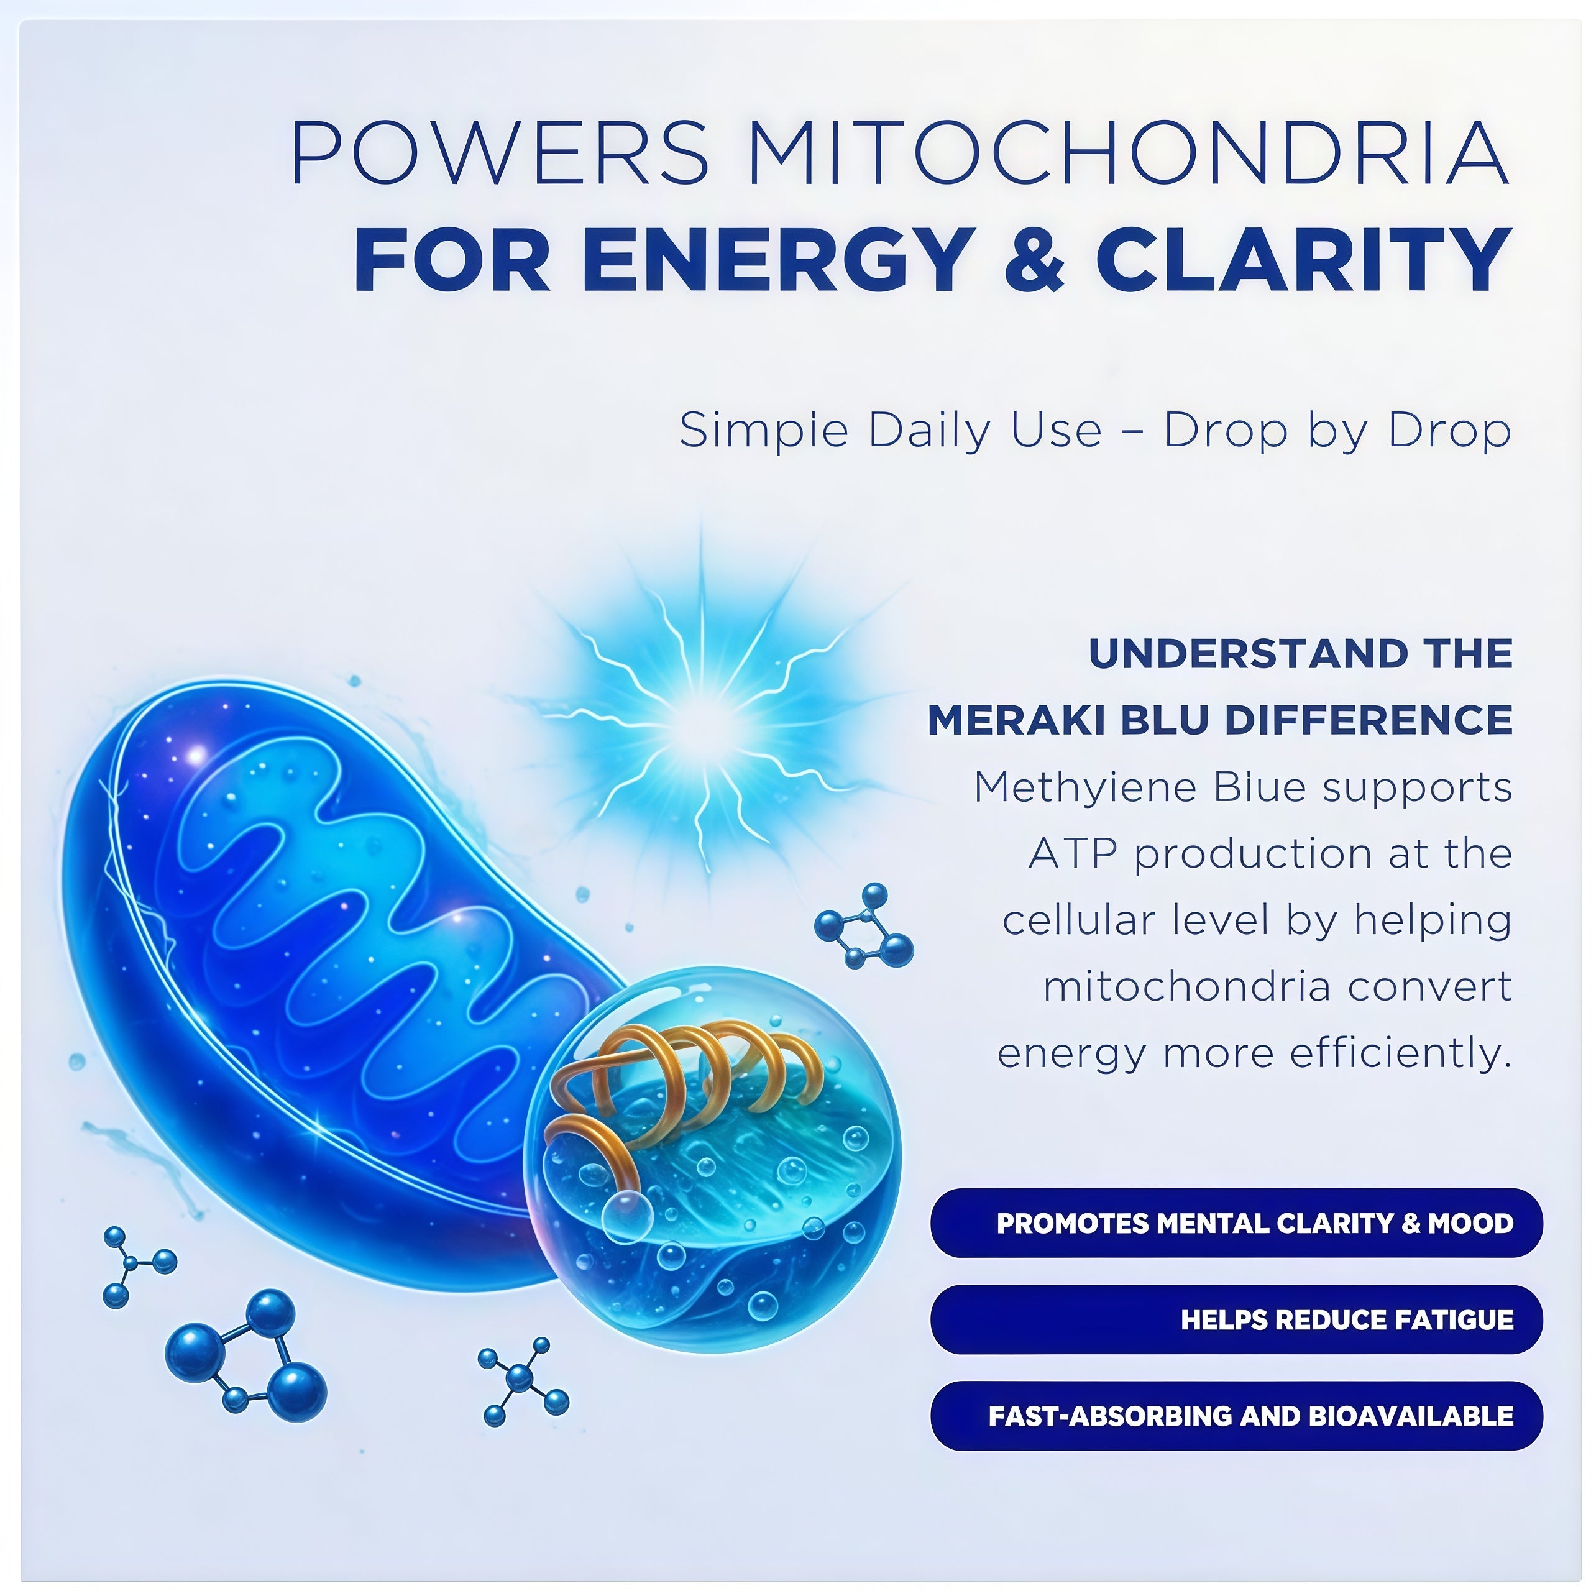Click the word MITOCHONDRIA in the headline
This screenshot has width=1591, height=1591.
pos(1127,152)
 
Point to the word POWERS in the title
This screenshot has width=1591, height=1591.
pos(499,152)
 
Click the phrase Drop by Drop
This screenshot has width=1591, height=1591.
pos(1338,431)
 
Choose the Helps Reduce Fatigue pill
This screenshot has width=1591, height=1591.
pos(1236,1320)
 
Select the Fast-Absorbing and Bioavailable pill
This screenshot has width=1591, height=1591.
pos(1236,1416)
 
